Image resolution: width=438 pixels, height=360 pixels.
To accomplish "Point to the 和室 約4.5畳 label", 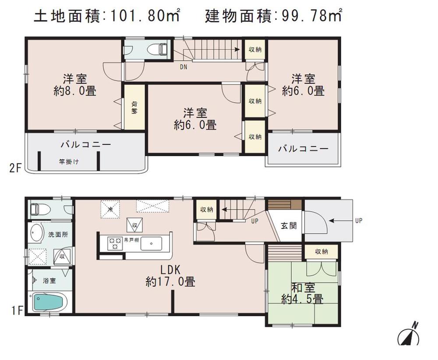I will (302, 294).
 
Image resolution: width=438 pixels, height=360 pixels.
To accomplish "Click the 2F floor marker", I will (15, 168).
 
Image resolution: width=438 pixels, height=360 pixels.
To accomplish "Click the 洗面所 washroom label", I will (58, 234).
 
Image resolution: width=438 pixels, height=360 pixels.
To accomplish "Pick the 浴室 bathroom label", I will (49, 280).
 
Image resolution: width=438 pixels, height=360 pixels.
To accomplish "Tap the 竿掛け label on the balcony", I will (69, 162).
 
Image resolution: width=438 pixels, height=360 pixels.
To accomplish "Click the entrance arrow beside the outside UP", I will (339, 220).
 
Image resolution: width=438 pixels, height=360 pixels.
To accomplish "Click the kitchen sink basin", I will (153, 243).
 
